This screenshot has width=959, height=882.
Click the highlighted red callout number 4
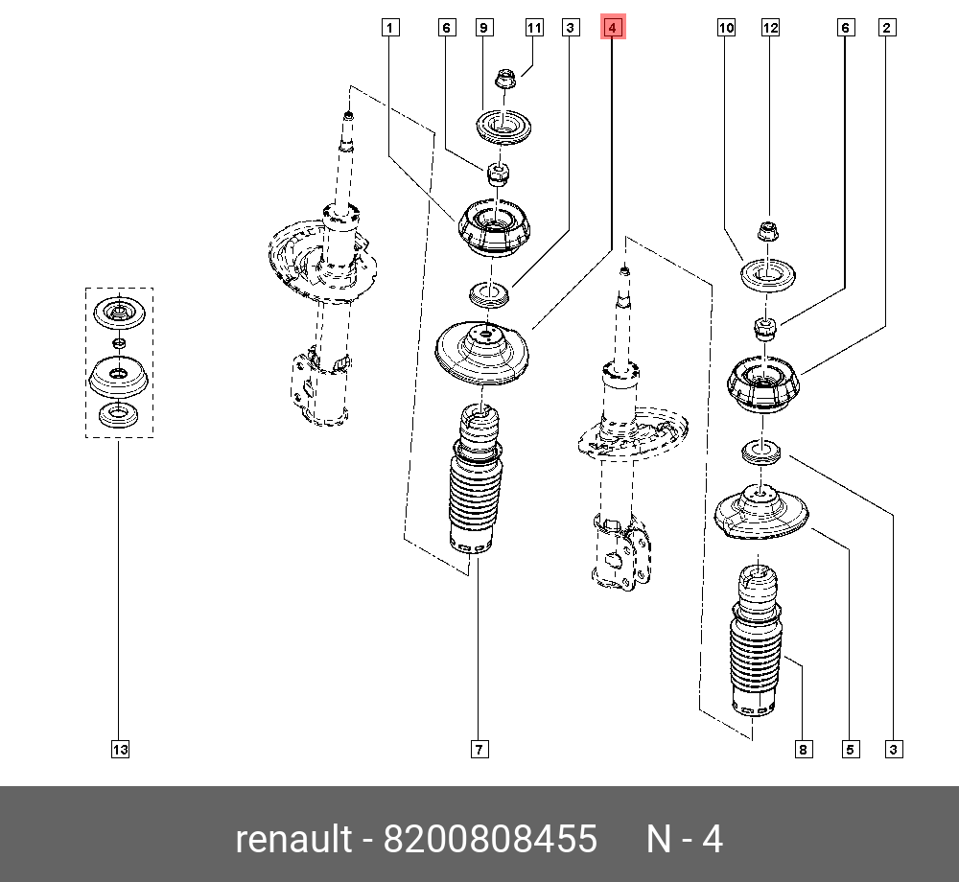click(x=612, y=28)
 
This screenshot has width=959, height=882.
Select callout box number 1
click(x=389, y=28)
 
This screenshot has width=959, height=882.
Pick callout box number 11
click(x=534, y=28)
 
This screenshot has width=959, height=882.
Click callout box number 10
click(x=726, y=28)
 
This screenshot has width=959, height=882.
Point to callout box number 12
click(x=771, y=28)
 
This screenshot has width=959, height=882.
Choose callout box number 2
click(x=887, y=28)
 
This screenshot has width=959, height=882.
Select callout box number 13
click(x=119, y=749)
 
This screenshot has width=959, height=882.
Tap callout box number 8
click(x=803, y=749)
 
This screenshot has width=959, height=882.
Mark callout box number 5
click(x=849, y=749)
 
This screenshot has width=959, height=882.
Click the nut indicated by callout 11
click(x=504, y=78)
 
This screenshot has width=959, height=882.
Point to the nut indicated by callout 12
click(x=768, y=231)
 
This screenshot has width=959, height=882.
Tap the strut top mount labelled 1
click(x=497, y=230)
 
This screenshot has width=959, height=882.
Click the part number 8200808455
click(x=490, y=840)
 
